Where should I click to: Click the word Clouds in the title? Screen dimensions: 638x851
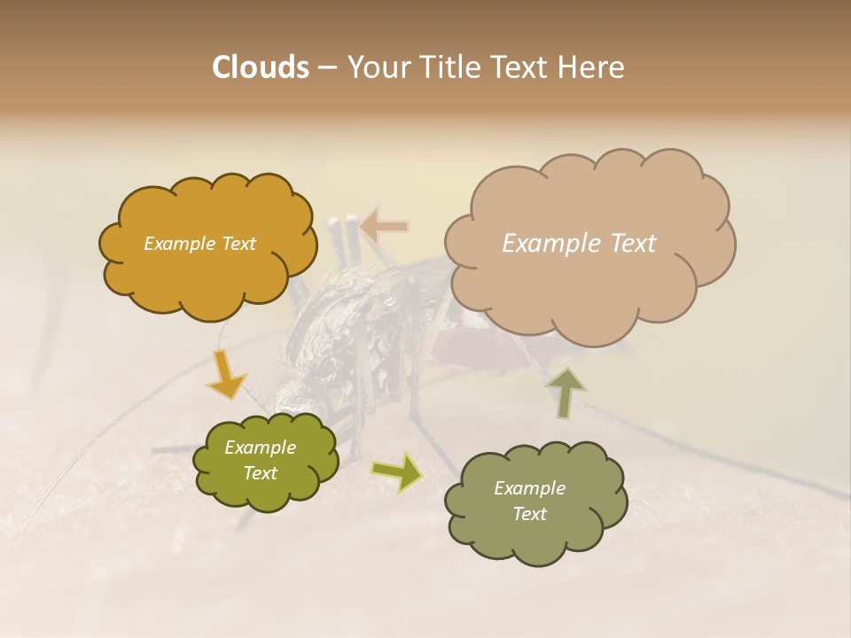(x=260, y=67)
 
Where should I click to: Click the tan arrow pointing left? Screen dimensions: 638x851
(x=384, y=227)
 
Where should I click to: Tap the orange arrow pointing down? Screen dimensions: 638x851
(x=226, y=374)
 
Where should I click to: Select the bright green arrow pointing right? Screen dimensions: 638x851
(x=396, y=471)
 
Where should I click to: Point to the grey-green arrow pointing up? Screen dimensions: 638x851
(x=565, y=392)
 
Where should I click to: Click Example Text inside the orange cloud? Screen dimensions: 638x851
(x=199, y=244)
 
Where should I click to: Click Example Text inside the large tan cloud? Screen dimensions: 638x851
(x=579, y=244)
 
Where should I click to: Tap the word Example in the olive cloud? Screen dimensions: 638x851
(x=260, y=447)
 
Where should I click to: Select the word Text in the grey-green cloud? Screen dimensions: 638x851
(x=529, y=514)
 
